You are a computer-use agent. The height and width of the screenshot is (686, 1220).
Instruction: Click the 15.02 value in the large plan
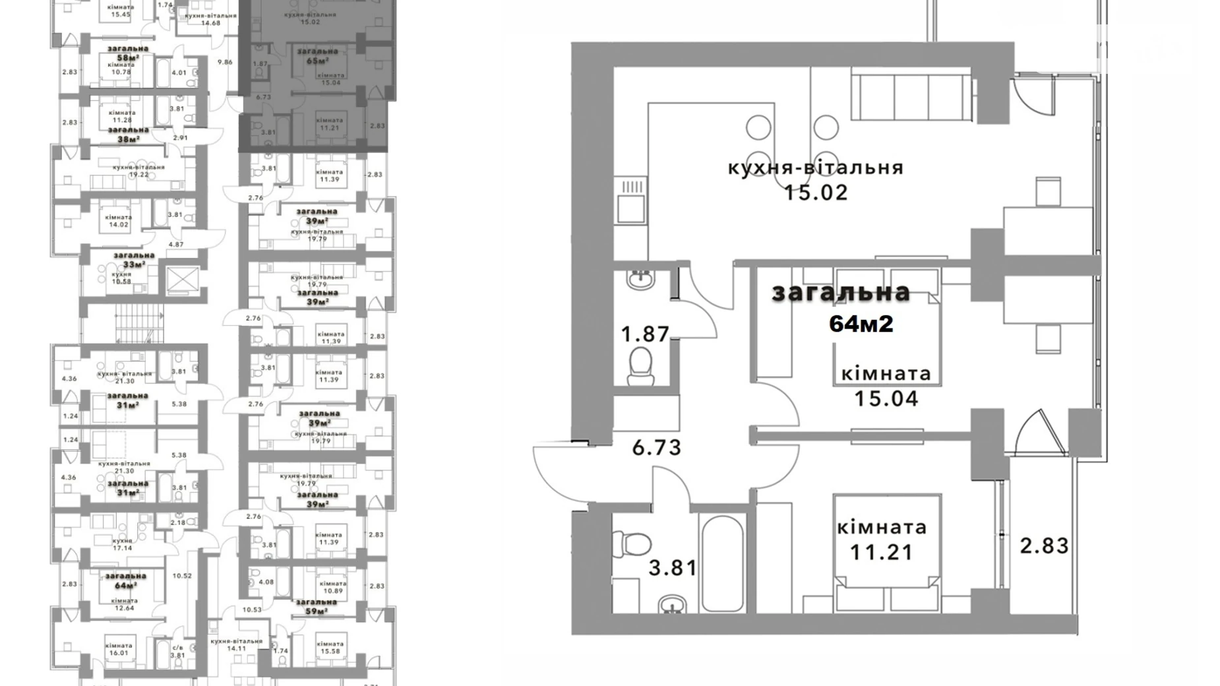pyautogui.click(x=816, y=193)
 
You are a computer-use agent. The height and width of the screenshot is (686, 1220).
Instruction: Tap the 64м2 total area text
pyautogui.click(x=861, y=324)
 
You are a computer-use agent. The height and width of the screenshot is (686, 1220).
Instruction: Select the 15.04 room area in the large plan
pyautogui.click(x=886, y=398)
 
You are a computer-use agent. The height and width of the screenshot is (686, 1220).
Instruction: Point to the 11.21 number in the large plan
pyautogui.click(x=881, y=551)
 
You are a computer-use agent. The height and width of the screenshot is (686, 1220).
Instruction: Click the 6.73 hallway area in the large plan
pyautogui.click(x=656, y=448)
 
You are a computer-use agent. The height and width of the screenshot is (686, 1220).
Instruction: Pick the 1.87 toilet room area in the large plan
pyautogui.click(x=645, y=334)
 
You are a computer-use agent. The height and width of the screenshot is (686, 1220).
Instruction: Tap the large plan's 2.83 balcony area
pyautogui.click(x=1044, y=546)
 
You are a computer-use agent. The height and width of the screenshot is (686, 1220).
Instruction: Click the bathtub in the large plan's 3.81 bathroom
pyautogui.click(x=723, y=563)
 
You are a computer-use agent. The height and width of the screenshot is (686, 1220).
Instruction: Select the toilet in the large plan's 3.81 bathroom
pyautogui.click(x=631, y=544)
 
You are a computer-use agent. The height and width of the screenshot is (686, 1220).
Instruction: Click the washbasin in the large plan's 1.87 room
pyautogui.click(x=640, y=279)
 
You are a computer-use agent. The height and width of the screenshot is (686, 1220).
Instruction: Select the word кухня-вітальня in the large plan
pyautogui.click(x=816, y=168)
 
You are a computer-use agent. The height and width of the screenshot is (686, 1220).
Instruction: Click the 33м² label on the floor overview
pyautogui.click(x=134, y=265)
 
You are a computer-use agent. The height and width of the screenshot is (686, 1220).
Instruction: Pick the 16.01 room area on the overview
pyautogui.click(x=118, y=653)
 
